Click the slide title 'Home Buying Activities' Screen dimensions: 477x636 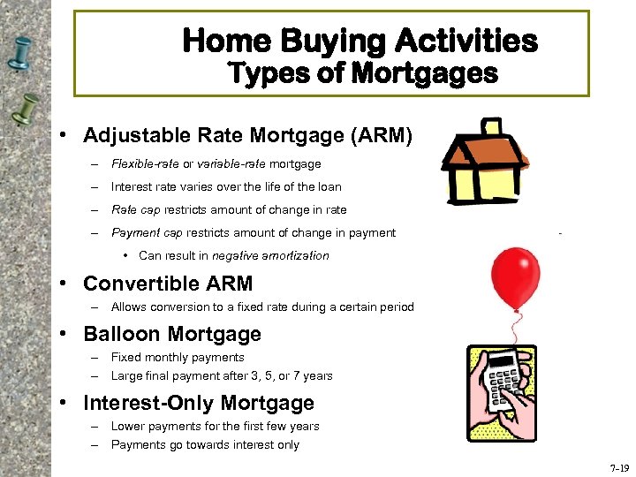[x=360, y=41]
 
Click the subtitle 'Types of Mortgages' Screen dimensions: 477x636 [x=362, y=73]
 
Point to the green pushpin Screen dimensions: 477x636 [x=24, y=111]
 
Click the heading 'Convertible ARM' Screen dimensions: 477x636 [x=168, y=284]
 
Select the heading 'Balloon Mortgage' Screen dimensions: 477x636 [x=172, y=334]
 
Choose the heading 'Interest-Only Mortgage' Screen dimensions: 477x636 [x=199, y=403]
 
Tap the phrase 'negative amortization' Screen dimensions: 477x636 [x=273, y=255]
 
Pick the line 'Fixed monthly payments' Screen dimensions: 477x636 [x=178, y=358]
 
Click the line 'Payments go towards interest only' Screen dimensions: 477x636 [x=205, y=445]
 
